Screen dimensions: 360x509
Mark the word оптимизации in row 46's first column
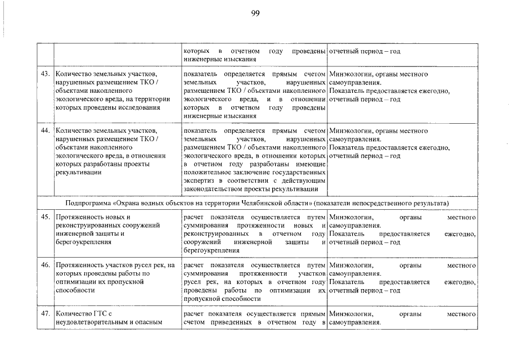(x=76, y=282)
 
